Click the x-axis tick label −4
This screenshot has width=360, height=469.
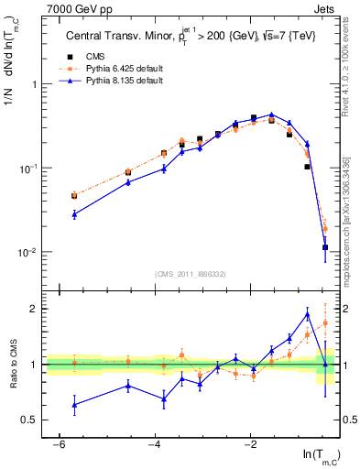[x=154, y=444]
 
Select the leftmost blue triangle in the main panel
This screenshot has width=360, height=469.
[x=73, y=213]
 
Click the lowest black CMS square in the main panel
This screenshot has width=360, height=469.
[x=325, y=247]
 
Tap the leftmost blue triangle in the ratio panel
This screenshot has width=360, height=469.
[x=73, y=404]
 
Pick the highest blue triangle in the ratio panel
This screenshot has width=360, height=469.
[x=307, y=315]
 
